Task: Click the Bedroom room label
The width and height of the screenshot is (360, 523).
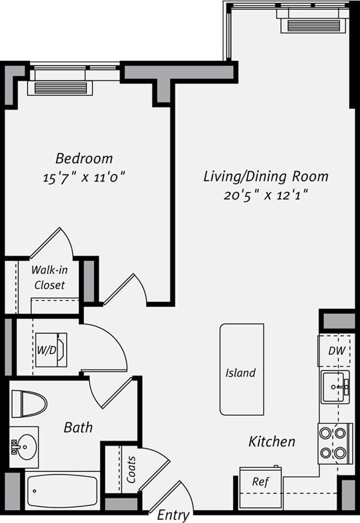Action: [x=84, y=159]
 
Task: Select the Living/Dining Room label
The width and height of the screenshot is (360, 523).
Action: [x=266, y=177]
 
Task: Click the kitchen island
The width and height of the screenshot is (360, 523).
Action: [x=242, y=369]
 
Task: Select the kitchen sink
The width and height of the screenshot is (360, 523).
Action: [x=335, y=387]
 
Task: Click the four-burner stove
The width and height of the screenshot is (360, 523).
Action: [x=335, y=443]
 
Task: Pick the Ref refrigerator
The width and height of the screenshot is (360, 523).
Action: [x=260, y=482]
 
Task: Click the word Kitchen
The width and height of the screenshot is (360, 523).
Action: [x=271, y=441]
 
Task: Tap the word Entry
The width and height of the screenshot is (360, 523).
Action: [x=173, y=515]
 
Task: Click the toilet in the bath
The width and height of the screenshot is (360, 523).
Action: [x=29, y=404]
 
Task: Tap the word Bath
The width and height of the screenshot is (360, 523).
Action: [x=78, y=427]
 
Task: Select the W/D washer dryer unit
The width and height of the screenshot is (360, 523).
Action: [x=51, y=350]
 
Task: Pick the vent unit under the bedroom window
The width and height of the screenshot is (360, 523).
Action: [x=61, y=88]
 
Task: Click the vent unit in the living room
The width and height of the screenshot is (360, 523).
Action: [x=313, y=25]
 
